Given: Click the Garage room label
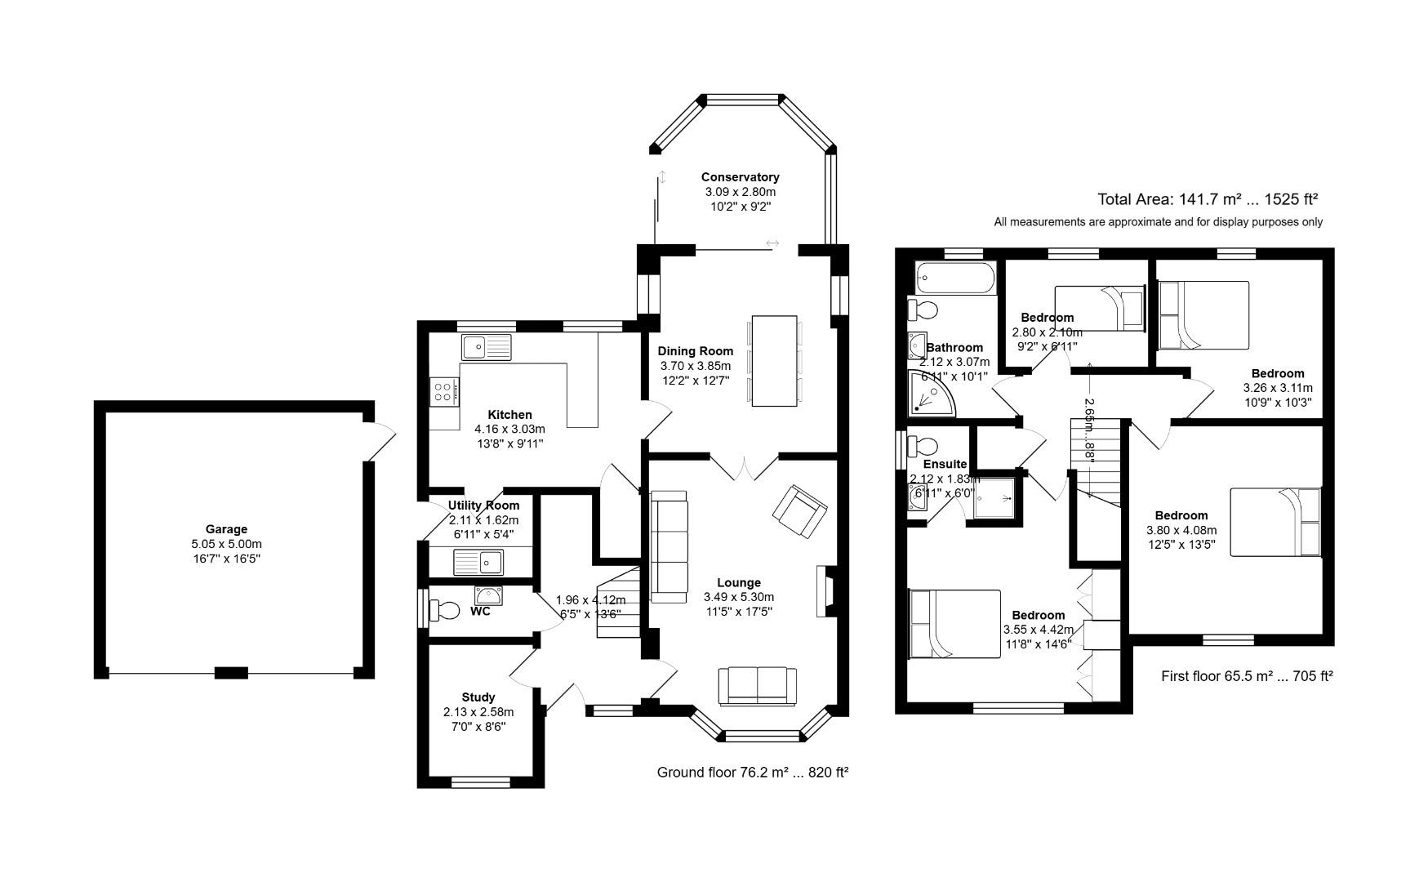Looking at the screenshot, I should [226, 529].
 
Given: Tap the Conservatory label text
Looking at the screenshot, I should [740, 177].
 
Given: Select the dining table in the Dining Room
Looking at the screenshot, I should [773, 360].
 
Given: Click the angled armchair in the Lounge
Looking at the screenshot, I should [799, 512].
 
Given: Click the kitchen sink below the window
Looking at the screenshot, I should [486, 347].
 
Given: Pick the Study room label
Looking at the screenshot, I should [478, 697].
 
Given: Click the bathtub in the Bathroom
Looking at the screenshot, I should [955, 278].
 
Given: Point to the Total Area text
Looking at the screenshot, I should [1207, 198].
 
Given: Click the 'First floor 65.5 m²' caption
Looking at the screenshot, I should [1246, 676].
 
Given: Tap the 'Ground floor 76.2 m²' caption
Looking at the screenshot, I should [752, 772].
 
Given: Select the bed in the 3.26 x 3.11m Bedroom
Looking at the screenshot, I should [1203, 314].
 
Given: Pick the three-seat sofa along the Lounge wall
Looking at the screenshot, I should [669, 546].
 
